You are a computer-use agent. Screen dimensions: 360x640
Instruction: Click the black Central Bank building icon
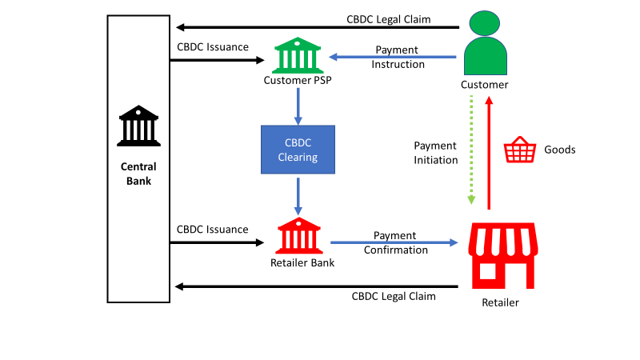point(138,123)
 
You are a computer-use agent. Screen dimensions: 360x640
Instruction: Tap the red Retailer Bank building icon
point(298,235)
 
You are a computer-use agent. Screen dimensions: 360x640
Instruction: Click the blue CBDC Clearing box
point(298,150)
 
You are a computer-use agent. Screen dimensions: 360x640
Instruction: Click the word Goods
point(559,150)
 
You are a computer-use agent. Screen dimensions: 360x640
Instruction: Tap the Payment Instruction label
point(398,57)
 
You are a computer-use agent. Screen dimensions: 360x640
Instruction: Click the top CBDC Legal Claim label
point(388,18)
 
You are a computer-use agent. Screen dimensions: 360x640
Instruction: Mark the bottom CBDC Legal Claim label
point(394,296)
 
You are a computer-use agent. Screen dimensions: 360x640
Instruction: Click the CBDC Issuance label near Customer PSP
point(213,46)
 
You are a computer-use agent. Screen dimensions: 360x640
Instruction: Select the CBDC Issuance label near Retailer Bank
point(213,229)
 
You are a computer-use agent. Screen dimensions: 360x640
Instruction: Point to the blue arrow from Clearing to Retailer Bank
point(298,194)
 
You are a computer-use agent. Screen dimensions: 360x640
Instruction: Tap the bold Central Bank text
point(138,174)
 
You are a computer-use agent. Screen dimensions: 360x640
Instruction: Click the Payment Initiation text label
point(435,153)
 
